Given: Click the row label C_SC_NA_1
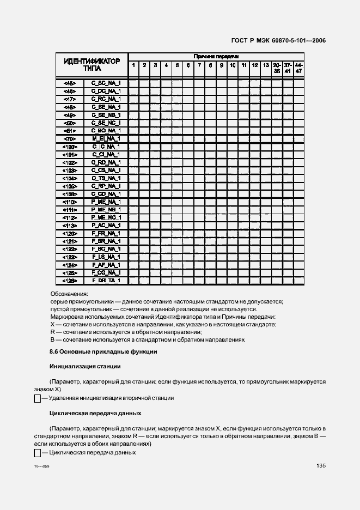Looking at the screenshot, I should pos(106,83).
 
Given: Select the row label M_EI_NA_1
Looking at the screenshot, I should pos(106,139).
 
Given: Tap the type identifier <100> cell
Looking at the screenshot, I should pos(70,147).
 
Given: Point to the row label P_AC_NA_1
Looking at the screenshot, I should pos(106,225).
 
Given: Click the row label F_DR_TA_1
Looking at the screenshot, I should pos(106,281).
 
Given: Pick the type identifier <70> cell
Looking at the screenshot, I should pos(70,139).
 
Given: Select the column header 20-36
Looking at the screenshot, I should pos(277,68).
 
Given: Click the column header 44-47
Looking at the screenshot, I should pos(298,68).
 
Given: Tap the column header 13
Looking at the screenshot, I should pos(266,65).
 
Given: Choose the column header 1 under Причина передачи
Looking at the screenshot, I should pos(133,65).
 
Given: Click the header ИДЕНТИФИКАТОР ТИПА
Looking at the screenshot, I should pos(91,65).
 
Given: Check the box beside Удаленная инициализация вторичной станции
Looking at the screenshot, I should pos(38,399).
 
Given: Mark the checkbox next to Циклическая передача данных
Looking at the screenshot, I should pos(38,453).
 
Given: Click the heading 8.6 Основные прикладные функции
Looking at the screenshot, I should pos(103,351).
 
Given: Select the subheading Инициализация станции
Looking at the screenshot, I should pos(84,366).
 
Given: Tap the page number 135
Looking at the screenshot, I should pos(320,466).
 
